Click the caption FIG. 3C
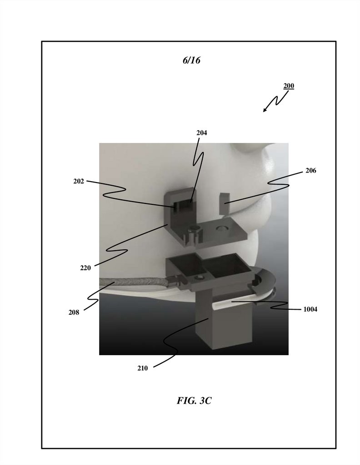[x=194, y=401]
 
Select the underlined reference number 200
[x=289, y=86]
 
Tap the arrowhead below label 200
[x=265, y=110]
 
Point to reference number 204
[x=202, y=133]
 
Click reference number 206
[x=311, y=171]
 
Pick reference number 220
[x=85, y=268]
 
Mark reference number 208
[x=74, y=312]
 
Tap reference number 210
[x=142, y=369]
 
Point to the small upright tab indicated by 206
[x=225, y=203]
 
